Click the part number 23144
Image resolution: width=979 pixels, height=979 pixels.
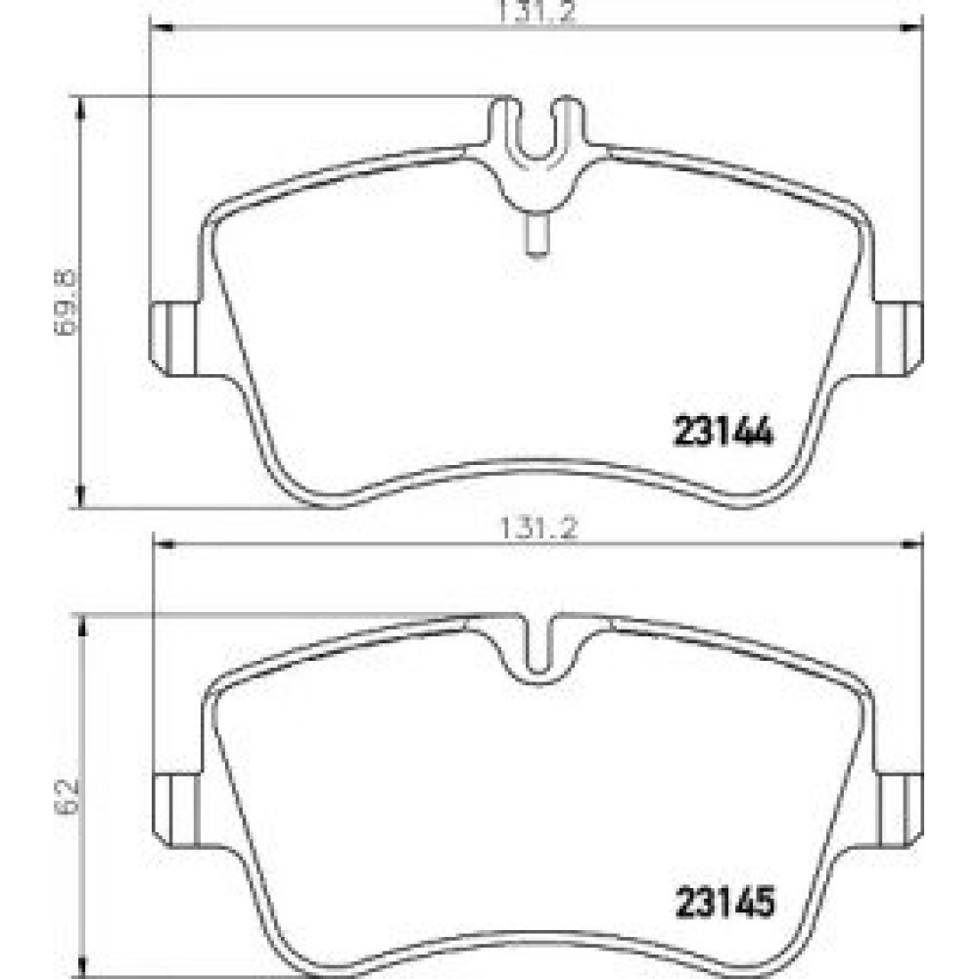[x=723, y=432]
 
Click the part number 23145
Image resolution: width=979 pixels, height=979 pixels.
[x=724, y=903]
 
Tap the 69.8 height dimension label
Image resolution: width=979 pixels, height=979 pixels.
[x=65, y=303]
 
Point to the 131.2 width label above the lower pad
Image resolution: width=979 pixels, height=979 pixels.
[x=538, y=530]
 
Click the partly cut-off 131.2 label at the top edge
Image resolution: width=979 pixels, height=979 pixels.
[x=536, y=11]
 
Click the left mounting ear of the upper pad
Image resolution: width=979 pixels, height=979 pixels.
[x=173, y=339]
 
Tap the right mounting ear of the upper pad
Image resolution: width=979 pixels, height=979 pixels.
[x=899, y=339]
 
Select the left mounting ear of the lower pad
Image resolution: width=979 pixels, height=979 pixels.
[x=176, y=810]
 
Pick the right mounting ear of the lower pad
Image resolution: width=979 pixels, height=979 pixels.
[x=901, y=810]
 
